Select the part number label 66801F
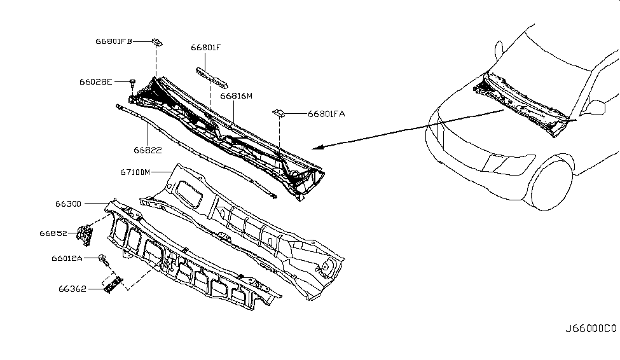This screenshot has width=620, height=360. click(205, 47)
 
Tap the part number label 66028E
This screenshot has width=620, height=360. click(96, 81)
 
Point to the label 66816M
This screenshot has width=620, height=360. click(237, 96)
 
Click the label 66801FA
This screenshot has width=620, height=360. click(326, 114)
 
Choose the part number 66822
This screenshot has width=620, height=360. click(147, 150)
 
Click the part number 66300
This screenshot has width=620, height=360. click(68, 204)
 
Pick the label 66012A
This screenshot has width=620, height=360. click(67, 259)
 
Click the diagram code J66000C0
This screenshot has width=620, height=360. click(591, 329)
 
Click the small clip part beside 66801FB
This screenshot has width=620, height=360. click(156, 43)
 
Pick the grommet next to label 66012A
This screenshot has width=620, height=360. click(102, 258)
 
